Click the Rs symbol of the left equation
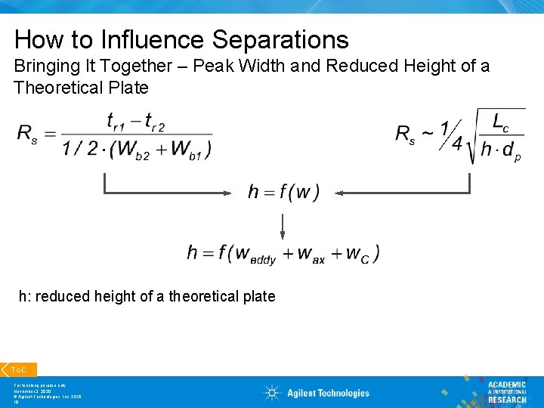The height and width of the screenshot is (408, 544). tap(27, 134)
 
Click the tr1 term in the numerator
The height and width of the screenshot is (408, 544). tap(117, 121)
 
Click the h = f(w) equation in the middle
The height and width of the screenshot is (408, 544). tap(283, 193)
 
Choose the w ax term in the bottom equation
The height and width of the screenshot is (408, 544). tap(311, 254)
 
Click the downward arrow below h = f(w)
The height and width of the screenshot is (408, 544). tap(283, 227)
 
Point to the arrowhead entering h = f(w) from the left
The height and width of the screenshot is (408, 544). tap(227, 193)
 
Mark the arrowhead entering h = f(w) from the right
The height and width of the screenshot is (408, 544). tap(339, 193)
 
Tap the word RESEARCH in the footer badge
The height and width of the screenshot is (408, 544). tap(507, 400)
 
